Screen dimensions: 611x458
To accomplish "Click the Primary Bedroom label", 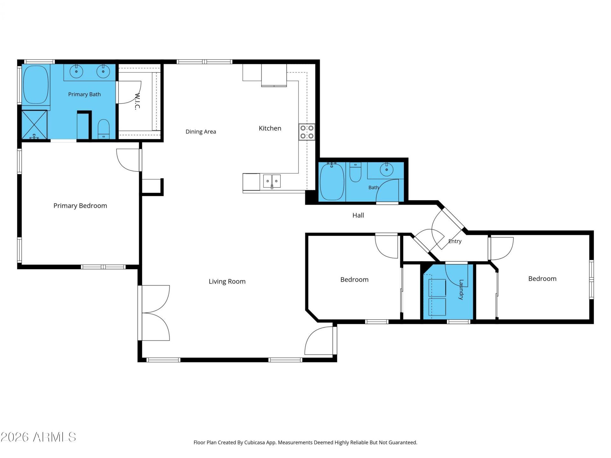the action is (80, 206).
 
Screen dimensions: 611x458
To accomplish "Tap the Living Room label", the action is (227, 281).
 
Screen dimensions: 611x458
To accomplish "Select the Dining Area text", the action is (201, 132).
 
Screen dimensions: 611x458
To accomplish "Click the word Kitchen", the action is (270, 128).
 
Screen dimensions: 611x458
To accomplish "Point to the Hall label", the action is (358, 215).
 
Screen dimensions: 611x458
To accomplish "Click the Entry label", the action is (455, 241).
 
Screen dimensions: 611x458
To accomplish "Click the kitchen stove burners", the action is (307, 132).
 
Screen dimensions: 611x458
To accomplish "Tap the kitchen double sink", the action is (272, 181).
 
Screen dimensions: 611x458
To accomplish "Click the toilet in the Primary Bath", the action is (103, 129).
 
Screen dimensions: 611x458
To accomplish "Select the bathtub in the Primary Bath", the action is (36, 85).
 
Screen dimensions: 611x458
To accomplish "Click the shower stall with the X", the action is (34, 125).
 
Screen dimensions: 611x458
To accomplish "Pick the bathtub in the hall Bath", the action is (332, 182).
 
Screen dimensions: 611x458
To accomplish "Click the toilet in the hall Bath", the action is (355, 172).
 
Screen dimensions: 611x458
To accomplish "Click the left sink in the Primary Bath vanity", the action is (76, 72).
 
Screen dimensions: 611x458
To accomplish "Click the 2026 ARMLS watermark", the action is (39, 437).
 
